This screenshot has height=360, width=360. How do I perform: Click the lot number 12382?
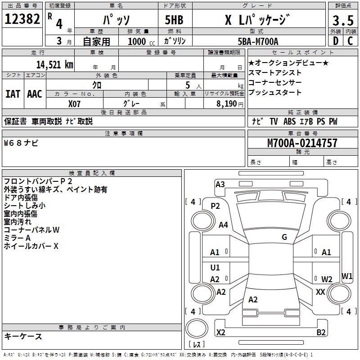22,19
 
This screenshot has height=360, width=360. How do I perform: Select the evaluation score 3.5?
343,20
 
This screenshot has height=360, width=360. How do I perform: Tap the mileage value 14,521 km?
55,65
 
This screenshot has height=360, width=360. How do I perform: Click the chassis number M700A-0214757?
302,143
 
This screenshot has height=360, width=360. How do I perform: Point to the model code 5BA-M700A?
258,41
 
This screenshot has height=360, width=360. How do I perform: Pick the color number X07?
74,104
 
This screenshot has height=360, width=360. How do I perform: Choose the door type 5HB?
174,20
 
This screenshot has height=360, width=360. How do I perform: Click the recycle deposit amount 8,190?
227,104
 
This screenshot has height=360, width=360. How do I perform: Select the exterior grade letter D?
336,41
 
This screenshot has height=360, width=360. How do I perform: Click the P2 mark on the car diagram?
216,206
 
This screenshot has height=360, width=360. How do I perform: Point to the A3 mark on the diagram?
220,184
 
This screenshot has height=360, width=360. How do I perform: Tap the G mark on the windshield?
284,237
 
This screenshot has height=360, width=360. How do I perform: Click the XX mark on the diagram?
320,292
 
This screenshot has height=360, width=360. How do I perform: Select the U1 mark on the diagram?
215,267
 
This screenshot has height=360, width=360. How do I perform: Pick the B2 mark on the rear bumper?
321,332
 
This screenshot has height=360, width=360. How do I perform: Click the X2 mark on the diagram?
221,332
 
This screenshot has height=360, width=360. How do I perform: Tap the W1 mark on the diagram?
347,276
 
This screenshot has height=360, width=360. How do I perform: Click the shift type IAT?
13,94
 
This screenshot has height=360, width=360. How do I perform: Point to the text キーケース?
23,337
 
